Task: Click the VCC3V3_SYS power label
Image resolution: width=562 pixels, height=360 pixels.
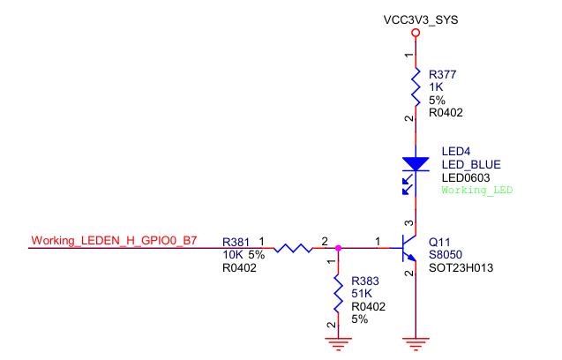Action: click(421, 19)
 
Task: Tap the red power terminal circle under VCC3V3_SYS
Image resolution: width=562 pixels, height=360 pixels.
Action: click(416, 33)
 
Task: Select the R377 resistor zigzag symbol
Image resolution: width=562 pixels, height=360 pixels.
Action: click(416, 86)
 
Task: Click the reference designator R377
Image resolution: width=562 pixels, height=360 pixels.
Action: click(443, 75)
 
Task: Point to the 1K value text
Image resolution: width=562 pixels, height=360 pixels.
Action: click(436, 87)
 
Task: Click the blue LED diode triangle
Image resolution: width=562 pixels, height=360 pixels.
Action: click(416, 164)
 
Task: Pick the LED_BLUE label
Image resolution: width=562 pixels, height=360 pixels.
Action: click(471, 165)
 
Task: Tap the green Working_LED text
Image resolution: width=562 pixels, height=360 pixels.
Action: click(477, 190)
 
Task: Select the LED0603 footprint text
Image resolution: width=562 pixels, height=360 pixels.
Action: click(466, 177)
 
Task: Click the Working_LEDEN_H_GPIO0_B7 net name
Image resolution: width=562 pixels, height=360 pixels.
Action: click(114, 240)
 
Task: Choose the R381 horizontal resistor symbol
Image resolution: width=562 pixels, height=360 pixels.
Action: click(293, 248)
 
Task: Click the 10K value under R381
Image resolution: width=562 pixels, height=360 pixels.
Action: click(233, 255)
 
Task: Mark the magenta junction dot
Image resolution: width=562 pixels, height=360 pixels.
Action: click(338, 248)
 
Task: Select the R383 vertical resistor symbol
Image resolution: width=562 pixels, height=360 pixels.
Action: click(338, 293)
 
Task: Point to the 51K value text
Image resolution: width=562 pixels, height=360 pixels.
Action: click(362, 294)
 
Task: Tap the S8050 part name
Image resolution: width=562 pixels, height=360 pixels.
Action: click(446, 255)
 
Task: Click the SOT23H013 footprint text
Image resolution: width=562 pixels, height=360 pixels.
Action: click(461, 268)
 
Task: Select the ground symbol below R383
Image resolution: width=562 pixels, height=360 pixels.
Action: click(338, 343)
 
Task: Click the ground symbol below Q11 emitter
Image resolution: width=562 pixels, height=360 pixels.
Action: click(416, 343)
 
